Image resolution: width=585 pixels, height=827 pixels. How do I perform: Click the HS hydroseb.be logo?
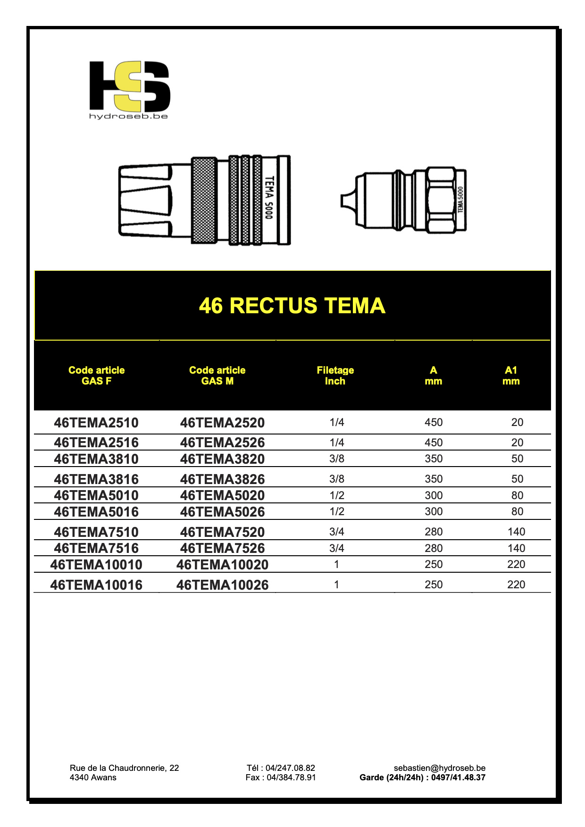129,90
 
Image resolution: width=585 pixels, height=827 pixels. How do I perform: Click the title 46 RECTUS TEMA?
292,306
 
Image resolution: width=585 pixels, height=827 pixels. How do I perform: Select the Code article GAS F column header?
96,376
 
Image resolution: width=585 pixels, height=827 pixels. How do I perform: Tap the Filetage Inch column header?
335,376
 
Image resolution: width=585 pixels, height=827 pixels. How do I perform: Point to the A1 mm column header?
510,376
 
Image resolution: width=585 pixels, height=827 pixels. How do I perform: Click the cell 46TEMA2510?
96,423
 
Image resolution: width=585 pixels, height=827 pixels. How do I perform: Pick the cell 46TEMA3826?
222,479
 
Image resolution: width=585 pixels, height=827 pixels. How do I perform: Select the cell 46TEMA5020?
222,495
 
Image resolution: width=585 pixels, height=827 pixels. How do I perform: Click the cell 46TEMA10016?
96,585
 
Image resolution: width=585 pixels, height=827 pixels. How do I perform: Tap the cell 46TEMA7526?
222,548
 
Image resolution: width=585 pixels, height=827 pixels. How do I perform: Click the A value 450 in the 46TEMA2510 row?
433,422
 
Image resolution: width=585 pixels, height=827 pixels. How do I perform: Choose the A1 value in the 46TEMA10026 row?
516,585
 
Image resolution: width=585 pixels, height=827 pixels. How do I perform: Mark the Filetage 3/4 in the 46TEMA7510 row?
336,532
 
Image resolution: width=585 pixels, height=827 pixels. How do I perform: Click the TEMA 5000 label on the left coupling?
269,198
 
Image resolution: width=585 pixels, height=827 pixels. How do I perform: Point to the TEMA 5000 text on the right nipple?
460,200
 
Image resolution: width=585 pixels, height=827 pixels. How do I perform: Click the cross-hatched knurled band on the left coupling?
204,200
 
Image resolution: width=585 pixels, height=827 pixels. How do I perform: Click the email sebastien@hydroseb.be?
439,768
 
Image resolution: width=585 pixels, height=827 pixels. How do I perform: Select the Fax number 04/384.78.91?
281,777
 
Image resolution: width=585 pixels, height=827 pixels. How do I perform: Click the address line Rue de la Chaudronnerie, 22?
124,768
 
